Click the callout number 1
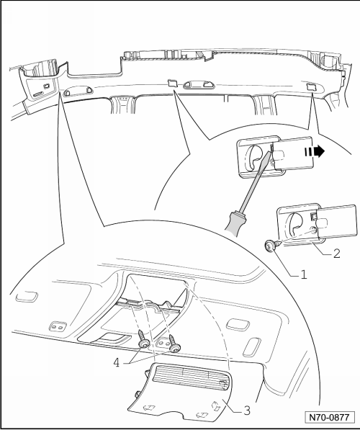(304, 274)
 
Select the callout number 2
(337, 253)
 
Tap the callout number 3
(247, 411)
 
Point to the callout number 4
(117, 363)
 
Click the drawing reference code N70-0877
(329, 417)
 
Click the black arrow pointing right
(314, 152)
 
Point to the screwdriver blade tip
(272, 145)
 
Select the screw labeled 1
(271, 246)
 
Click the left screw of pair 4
(143, 339)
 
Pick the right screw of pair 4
(174, 344)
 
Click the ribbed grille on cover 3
(190, 376)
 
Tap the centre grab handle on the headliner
(199, 84)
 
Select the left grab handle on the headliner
(78, 91)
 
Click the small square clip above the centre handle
(172, 83)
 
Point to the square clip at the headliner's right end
(311, 86)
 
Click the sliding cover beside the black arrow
(293, 153)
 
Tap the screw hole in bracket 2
(312, 230)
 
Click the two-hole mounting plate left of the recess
(58, 326)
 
